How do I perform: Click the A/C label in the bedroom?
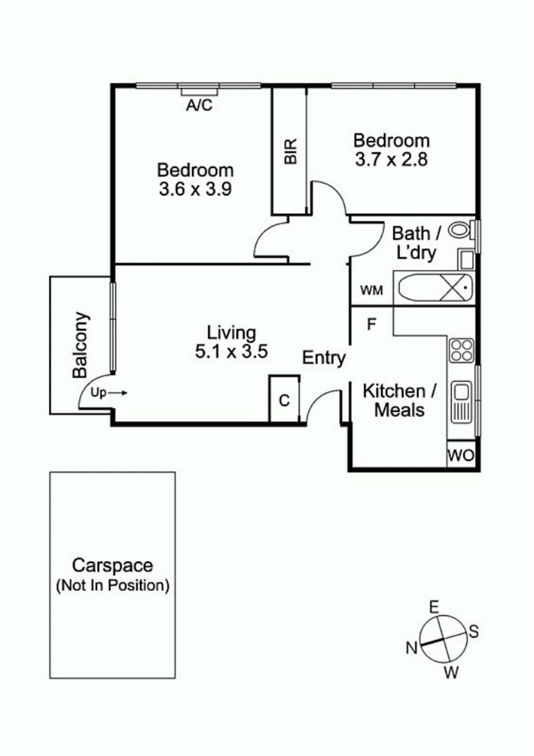199,105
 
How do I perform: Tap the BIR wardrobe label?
291,151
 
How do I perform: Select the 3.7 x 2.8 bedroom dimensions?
391,160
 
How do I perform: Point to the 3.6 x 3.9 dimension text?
195,189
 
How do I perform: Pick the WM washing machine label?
371,290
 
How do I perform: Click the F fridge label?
371,324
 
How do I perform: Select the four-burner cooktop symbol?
461,350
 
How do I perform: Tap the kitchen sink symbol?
461,402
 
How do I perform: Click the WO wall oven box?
461,455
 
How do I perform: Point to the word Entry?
324,358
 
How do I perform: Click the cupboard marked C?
284,400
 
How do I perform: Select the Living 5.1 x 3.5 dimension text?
232,352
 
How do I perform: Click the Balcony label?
80,345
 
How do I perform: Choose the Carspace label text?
112,565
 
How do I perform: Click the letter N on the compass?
411,648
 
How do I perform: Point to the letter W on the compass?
451,672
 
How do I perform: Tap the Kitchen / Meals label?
399,400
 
